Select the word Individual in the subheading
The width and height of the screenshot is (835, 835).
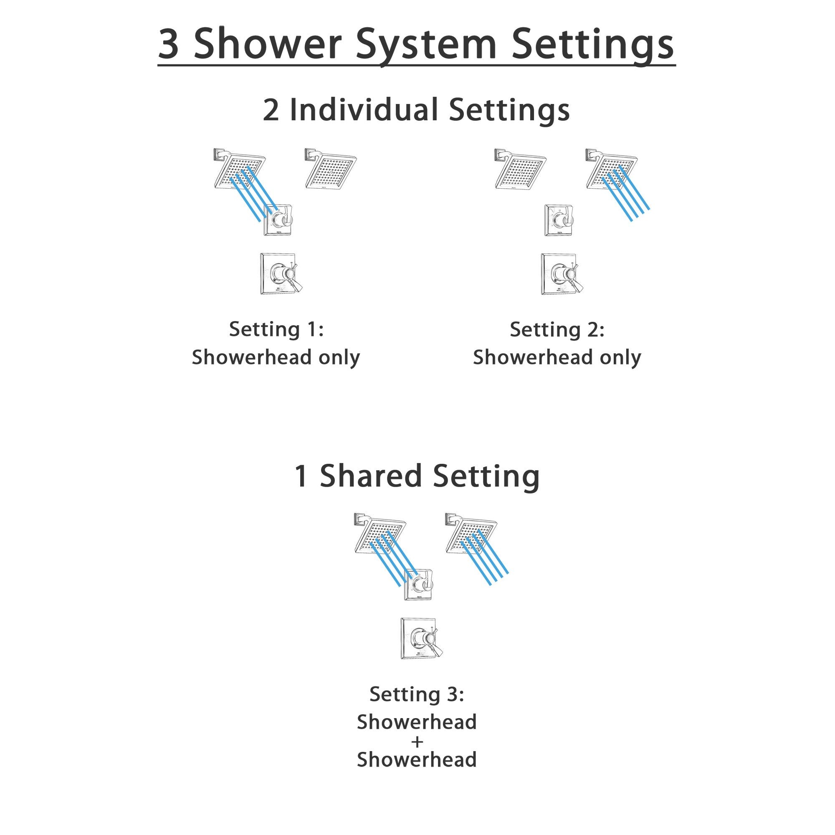point(364,110)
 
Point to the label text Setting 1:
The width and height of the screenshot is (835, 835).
point(276,329)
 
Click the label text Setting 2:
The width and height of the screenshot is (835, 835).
point(557,330)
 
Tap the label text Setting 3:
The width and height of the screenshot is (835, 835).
point(417,695)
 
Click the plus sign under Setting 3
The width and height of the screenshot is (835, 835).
point(417,742)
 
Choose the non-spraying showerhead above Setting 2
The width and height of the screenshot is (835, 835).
point(521,169)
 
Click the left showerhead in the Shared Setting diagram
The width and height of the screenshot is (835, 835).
point(380,534)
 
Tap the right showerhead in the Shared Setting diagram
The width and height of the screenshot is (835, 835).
point(471,534)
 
